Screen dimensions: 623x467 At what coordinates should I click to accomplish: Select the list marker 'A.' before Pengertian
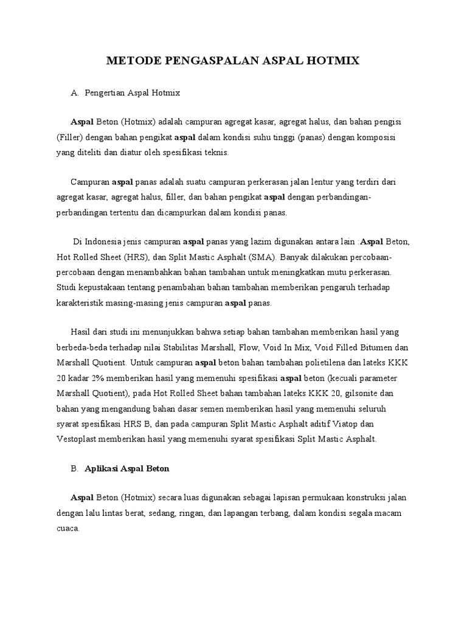point(75,93)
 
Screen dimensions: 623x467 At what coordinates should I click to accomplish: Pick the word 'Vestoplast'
point(77,437)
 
